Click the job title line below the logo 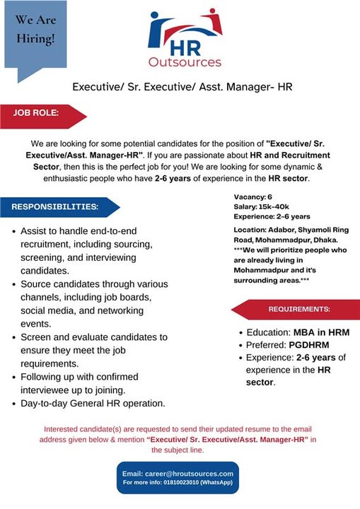(182, 88)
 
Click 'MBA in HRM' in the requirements (318, 332)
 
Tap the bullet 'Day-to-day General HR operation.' (93, 404)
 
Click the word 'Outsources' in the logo (185, 62)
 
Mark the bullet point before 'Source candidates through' (14, 285)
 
